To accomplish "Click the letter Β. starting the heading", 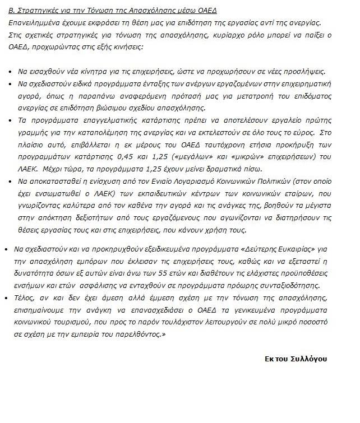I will [x=13, y=11].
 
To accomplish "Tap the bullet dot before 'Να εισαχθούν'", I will [x=12, y=73].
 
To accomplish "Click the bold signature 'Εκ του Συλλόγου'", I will [x=296, y=359].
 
